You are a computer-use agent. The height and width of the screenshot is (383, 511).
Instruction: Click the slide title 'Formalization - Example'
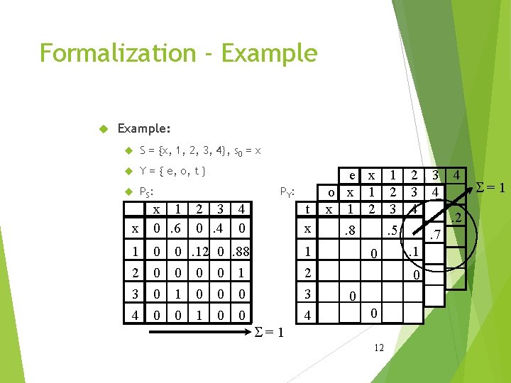click(178, 53)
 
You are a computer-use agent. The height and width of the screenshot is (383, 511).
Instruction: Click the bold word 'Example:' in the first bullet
click(143, 129)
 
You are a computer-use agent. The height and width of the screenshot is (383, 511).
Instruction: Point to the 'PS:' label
click(148, 191)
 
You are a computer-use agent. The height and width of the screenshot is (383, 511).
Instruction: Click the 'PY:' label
click(287, 191)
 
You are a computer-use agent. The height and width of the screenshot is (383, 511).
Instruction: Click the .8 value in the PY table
click(349, 229)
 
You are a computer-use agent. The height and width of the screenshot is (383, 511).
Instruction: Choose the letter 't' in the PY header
click(307, 209)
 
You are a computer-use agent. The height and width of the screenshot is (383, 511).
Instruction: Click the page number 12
click(379, 348)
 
